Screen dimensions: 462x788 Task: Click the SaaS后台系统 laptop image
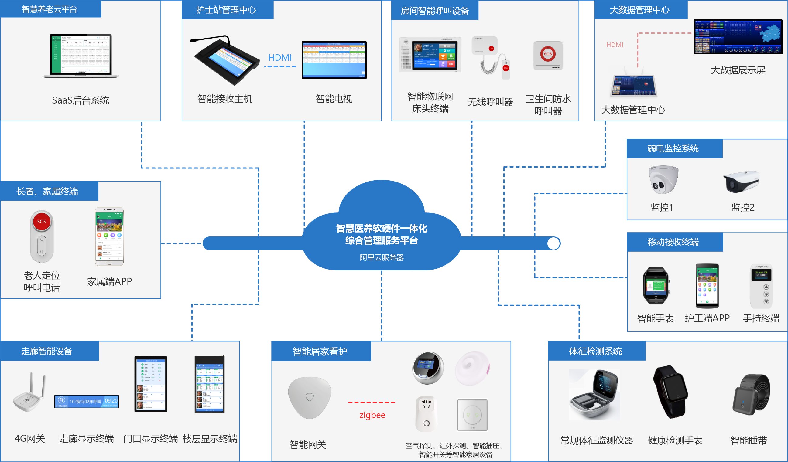click(x=81, y=56)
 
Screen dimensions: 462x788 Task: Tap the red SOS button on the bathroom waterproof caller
click(x=547, y=54)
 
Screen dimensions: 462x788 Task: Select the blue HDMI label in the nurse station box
click(x=280, y=57)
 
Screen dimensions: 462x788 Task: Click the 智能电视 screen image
click(x=334, y=60)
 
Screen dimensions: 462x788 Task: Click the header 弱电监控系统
click(x=673, y=148)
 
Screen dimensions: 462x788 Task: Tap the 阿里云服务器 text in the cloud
click(x=382, y=257)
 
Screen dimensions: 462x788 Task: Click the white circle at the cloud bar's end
click(x=553, y=243)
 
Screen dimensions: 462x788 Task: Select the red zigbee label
click(x=372, y=415)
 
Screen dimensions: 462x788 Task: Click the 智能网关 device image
click(x=309, y=397)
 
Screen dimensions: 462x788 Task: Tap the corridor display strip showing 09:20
click(x=87, y=401)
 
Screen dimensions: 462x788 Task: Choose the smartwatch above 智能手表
click(x=656, y=285)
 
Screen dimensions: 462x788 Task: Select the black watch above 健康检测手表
click(x=670, y=391)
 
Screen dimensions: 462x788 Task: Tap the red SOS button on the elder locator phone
click(x=42, y=222)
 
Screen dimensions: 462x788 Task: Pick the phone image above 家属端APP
click(x=109, y=236)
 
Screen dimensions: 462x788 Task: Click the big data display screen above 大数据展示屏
click(x=738, y=37)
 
